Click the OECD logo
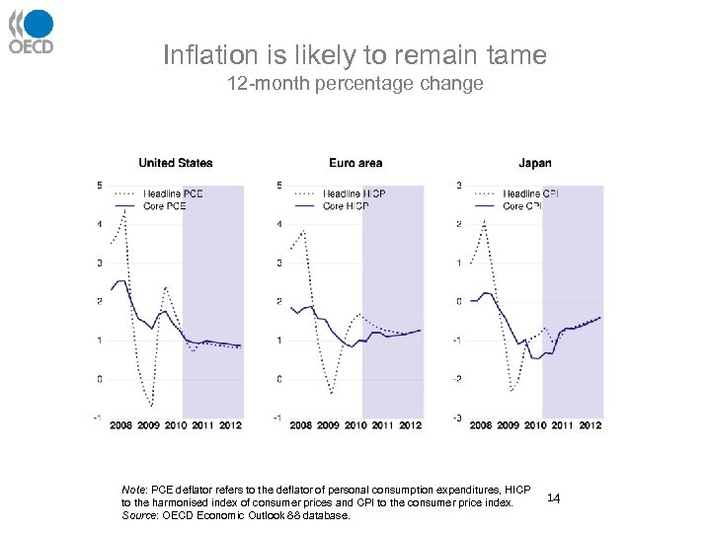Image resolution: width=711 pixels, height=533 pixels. click(31, 32)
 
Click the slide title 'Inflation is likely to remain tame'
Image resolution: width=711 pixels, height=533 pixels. click(355, 55)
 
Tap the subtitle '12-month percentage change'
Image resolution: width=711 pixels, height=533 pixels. click(355, 84)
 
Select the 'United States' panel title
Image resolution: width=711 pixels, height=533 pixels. click(175, 163)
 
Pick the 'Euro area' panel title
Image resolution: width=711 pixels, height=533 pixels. click(355, 163)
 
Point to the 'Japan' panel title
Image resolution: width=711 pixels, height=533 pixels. click(534, 163)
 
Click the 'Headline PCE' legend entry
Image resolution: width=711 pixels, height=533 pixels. click(172, 193)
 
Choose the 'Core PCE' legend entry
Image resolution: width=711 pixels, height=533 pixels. click(164, 206)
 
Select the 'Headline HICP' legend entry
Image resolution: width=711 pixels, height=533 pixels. click(354, 193)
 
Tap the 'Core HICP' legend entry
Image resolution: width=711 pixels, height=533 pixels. click(346, 206)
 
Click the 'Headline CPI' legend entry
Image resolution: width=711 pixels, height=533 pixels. click(534, 193)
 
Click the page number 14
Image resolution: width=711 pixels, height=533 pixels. click(553, 499)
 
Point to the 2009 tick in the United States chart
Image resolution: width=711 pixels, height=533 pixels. click(147, 425)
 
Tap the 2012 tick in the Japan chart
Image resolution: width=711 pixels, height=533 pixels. click(591, 425)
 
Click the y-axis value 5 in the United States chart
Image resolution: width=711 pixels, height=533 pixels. click(99, 186)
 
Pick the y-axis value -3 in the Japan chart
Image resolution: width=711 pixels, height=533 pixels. click(457, 419)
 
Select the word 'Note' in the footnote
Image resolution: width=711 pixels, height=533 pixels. click(133, 490)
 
